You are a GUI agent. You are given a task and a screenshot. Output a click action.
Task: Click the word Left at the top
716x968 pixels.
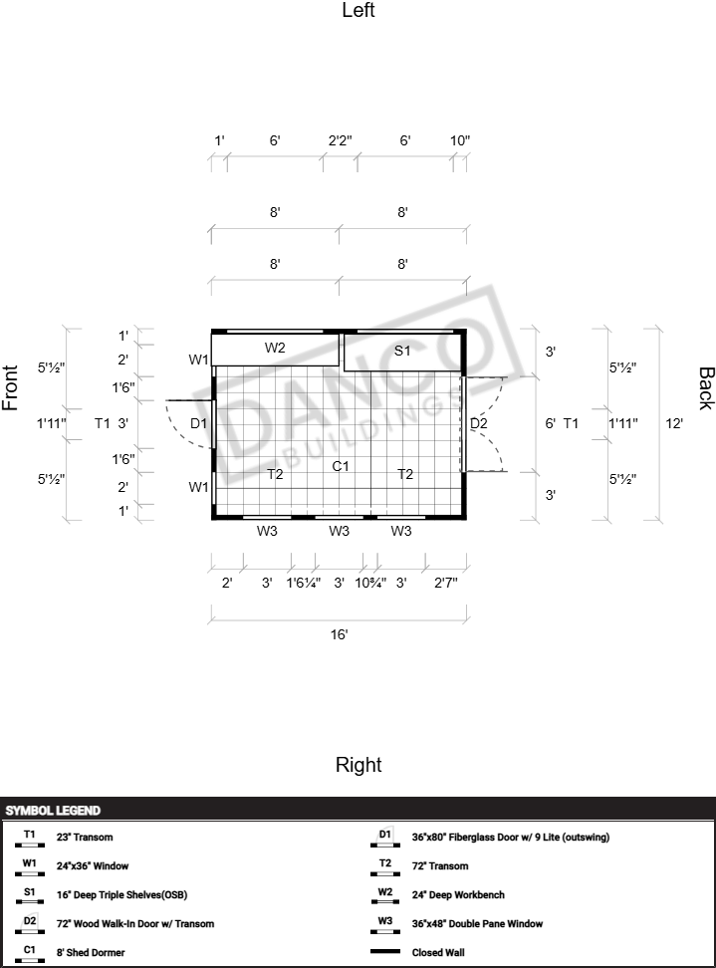click(358, 11)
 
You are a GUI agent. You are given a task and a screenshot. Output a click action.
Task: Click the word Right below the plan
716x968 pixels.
click(358, 765)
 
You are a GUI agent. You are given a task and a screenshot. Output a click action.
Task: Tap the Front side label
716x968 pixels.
click(11, 387)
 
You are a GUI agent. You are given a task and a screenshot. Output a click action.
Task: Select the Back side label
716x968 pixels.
click(706, 388)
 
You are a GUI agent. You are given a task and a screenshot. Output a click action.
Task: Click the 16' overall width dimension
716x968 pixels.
click(339, 634)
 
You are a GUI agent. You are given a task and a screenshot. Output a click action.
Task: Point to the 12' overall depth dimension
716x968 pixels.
click(674, 423)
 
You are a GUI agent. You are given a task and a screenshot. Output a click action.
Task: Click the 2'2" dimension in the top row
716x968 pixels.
click(340, 140)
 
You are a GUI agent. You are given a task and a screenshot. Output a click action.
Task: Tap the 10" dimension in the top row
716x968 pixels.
click(460, 140)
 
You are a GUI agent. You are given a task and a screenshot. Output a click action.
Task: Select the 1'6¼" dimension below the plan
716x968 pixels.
click(303, 583)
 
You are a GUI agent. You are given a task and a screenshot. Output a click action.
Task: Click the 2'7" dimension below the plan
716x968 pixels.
click(446, 583)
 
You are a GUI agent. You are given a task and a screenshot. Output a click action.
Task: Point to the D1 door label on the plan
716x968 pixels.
click(199, 423)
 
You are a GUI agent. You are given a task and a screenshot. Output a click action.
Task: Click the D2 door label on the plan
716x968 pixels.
click(479, 423)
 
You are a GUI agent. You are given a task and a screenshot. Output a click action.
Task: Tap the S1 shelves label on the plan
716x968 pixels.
click(402, 351)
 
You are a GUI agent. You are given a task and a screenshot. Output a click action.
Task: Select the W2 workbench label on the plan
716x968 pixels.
click(275, 348)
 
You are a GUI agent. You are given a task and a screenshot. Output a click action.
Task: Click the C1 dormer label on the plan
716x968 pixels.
click(341, 466)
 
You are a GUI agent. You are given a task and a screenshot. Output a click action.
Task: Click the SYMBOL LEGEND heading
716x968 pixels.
click(53, 811)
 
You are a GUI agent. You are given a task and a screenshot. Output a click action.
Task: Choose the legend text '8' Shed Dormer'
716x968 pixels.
click(91, 953)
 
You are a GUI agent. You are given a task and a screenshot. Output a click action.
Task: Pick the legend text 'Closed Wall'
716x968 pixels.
click(438, 953)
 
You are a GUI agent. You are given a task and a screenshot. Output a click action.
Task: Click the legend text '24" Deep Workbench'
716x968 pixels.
click(458, 895)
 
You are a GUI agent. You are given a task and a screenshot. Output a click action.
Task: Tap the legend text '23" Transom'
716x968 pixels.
click(85, 838)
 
